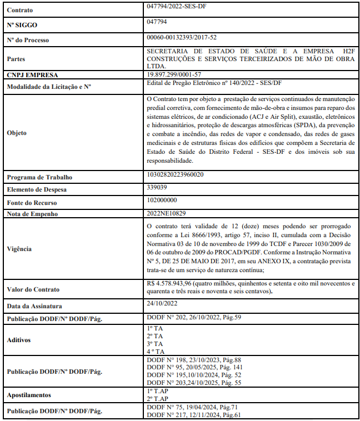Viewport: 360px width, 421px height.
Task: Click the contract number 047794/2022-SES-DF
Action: [x=179, y=8]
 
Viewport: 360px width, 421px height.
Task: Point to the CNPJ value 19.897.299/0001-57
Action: [x=174, y=74]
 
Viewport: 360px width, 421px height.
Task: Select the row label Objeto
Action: [x=17, y=133]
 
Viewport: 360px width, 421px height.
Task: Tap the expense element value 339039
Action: [x=157, y=188]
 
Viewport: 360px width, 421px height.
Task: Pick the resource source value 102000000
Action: [x=162, y=201]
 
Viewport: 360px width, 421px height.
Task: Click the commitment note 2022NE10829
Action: [x=167, y=213]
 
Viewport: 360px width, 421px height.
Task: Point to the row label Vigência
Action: [x=20, y=249]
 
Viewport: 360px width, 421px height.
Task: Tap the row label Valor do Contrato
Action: [x=33, y=289]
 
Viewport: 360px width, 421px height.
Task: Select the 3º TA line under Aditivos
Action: [x=155, y=344]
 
